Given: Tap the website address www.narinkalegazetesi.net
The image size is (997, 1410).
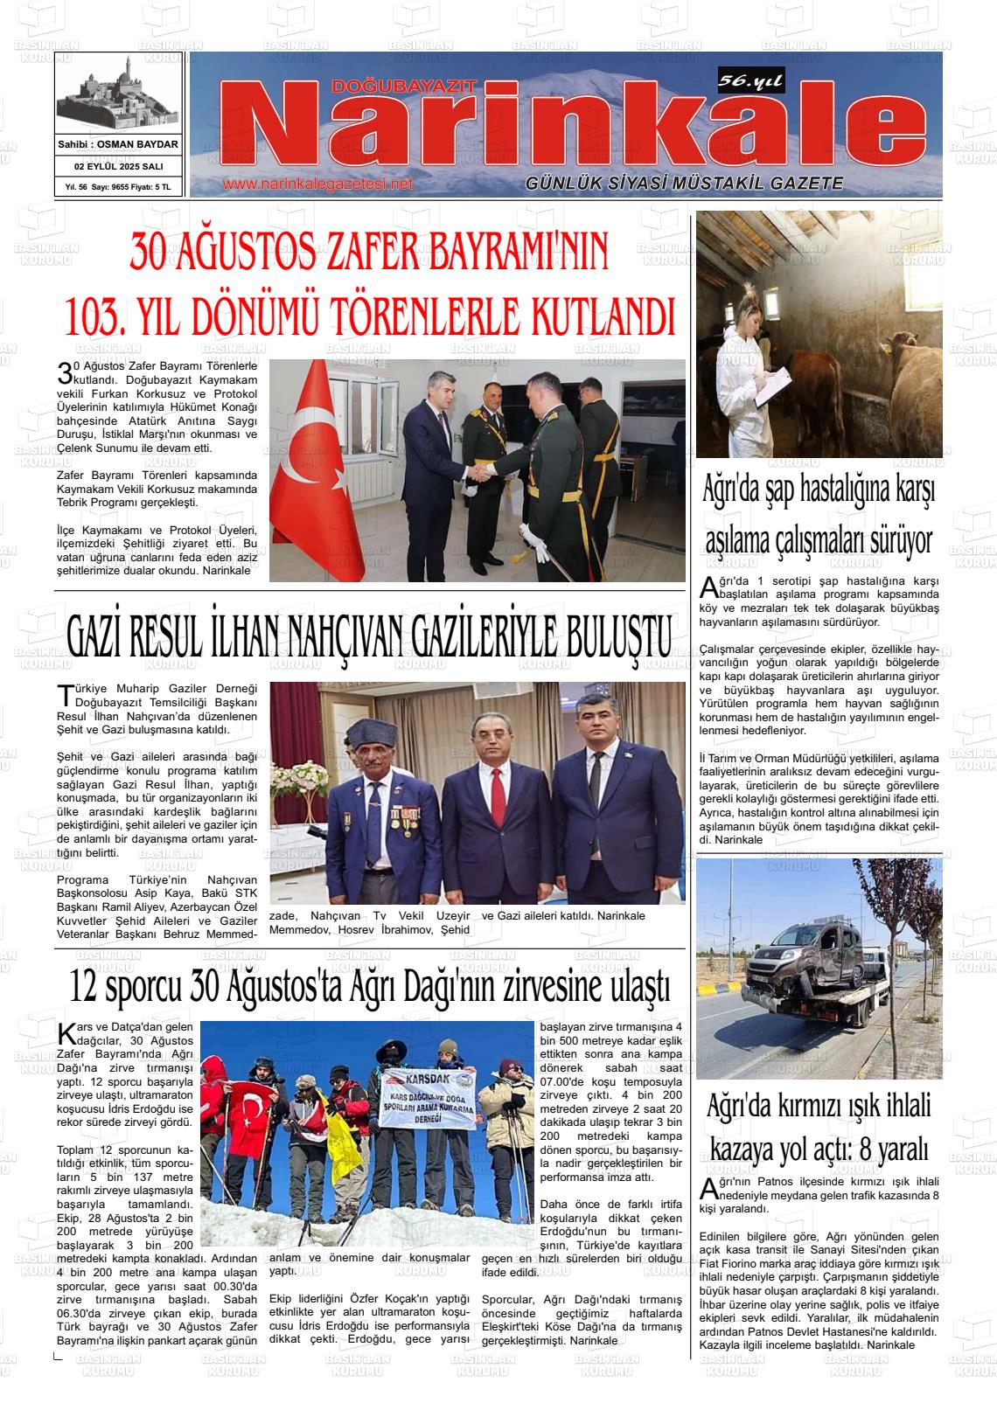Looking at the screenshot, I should (317, 184).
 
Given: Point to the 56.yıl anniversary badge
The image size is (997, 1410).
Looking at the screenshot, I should (750, 81).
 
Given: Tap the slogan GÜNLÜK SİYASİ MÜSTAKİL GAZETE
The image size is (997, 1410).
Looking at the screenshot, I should (684, 184).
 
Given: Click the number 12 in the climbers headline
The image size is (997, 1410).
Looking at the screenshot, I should (85, 988).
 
